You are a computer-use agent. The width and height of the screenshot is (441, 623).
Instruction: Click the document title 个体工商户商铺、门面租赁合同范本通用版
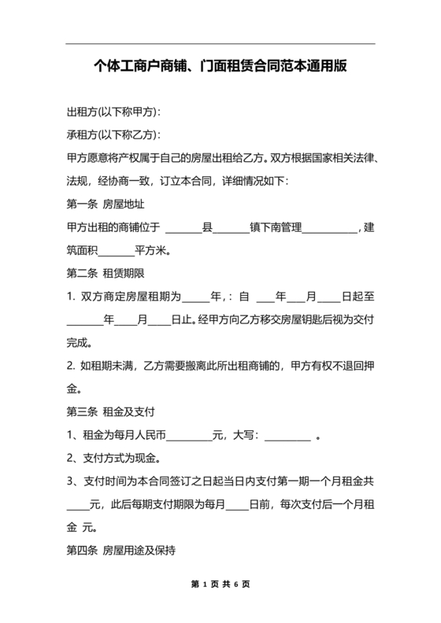tap(220, 68)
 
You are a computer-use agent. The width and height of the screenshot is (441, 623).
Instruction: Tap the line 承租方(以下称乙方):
tap(114, 135)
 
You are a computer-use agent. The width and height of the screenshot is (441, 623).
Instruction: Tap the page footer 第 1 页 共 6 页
tap(220, 585)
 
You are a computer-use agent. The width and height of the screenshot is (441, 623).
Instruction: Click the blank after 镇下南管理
tap(329, 229)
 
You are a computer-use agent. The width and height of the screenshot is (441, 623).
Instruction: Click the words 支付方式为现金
tap(118, 459)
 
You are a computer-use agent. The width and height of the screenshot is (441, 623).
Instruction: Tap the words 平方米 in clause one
tap(152, 252)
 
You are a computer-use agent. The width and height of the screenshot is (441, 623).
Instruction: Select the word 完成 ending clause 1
tap(79, 343)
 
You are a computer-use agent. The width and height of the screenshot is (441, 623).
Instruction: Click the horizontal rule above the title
tap(220, 43)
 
